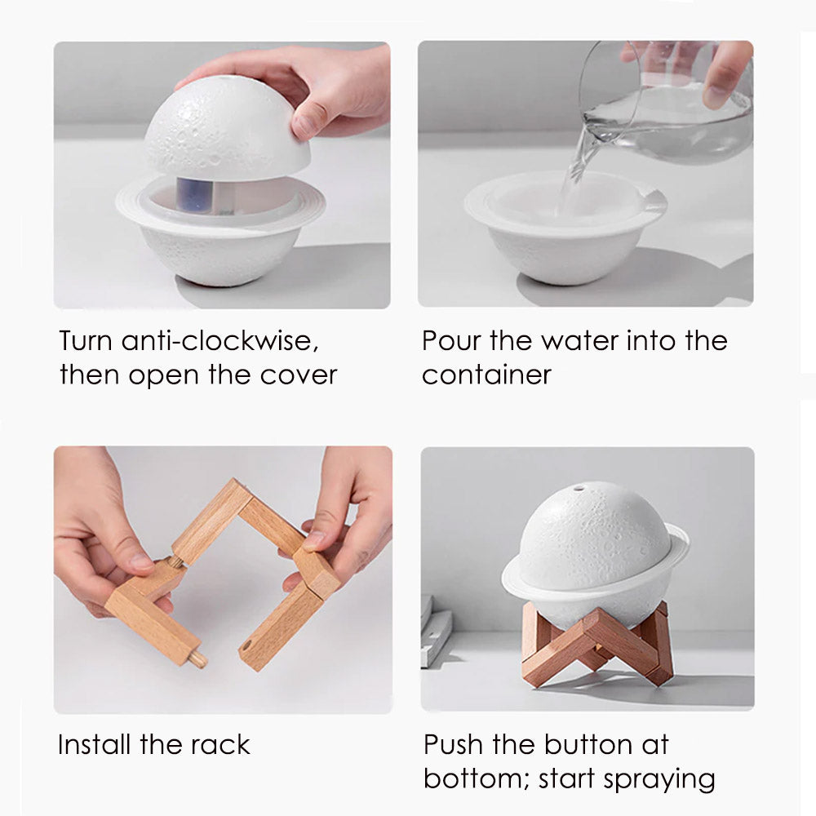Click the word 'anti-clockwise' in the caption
pyautogui.click(x=220, y=341)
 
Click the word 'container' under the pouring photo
pyautogui.click(x=486, y=375)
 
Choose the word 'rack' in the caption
pyautogui.click(x=220, y=744)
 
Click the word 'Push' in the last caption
pyautogui.click(x=453, y=744)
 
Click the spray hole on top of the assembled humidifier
pyautogui.click(x=579, y=489)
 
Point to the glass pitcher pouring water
pyautogui.click(x=667, y=104)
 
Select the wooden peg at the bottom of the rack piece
pyautogui.click(x=197, y=659)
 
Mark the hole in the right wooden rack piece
pyautogui.click(x=246, y=645)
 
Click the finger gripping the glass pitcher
pyautogui.click(x=726, y=73)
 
